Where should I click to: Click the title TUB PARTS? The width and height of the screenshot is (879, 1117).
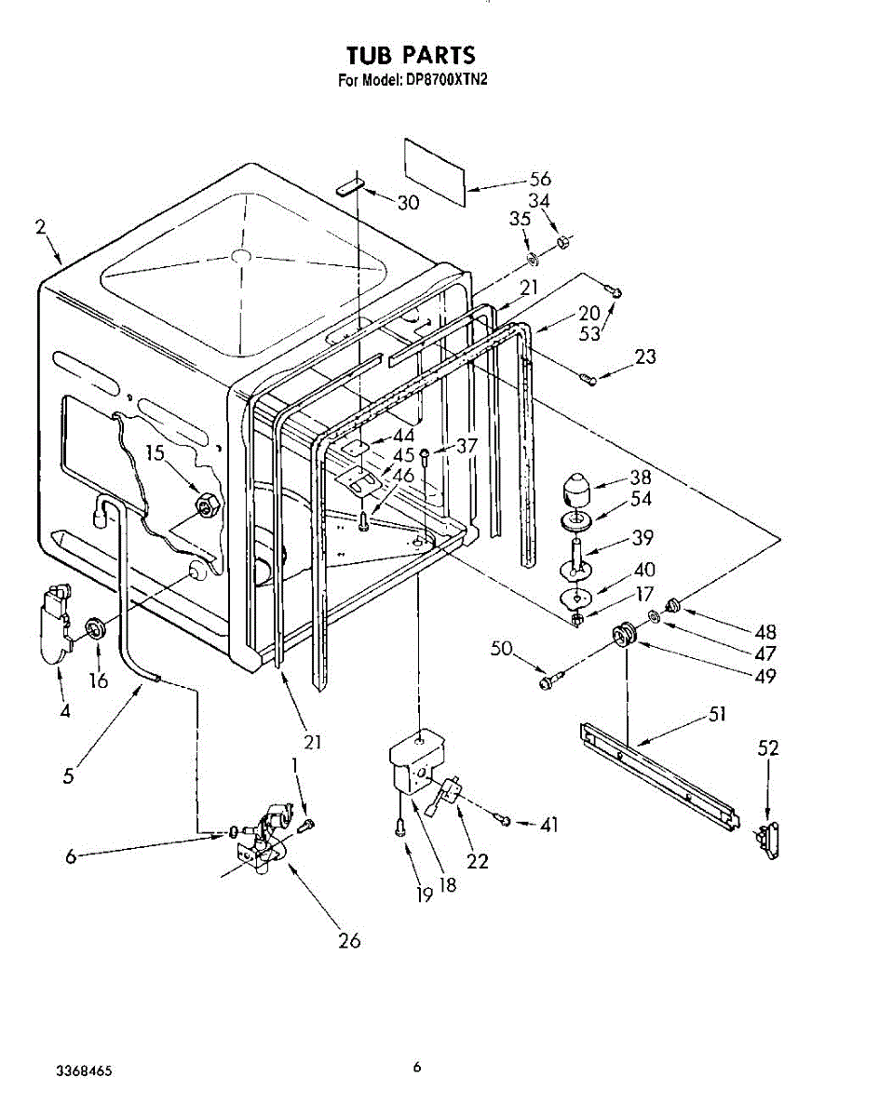[411, 55]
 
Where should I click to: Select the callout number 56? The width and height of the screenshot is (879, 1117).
[540, 179]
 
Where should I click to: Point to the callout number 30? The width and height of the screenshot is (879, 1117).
[408, 202]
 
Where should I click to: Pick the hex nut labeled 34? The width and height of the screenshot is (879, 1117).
[562, 241]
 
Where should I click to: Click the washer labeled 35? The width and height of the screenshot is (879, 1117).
[533, 259]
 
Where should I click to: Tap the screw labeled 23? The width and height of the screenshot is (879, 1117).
[588, 380]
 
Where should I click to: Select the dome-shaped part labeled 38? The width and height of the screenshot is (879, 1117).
[575, 489]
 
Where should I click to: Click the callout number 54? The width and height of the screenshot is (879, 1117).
[641, 499]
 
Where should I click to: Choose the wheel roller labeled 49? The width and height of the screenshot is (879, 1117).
[625, 636]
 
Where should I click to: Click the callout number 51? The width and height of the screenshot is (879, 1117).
[717, 715]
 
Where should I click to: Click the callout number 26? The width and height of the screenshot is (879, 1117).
[349, 940]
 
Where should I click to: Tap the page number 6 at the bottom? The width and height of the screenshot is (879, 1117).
[416, 1067]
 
